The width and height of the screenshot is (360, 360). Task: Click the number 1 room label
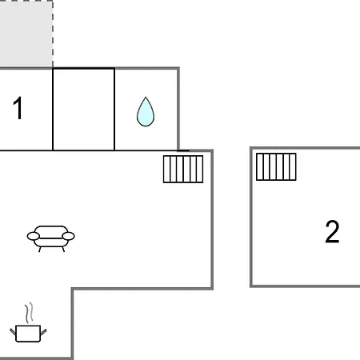click(x=18, y=108)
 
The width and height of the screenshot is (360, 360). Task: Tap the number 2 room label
click(x=332, y=231)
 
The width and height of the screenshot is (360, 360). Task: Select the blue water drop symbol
click(x=146, y=112)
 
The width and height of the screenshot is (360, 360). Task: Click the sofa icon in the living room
click(x=50, y=238)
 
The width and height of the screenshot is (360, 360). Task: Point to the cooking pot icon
click(x=28, y=334)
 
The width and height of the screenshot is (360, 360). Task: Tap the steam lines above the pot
click(x=30, y=313)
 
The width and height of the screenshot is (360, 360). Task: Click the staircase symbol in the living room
click(x=183, y=169)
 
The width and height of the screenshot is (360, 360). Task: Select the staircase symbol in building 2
click(x=276, y=166)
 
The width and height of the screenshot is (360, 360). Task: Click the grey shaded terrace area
click(x=26, y=34)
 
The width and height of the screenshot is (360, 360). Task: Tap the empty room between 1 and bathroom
click(x=84, y=110)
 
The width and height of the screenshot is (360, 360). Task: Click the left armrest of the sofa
click(x=34, y=236)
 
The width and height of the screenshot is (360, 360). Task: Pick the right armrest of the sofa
click(x=68, y=236)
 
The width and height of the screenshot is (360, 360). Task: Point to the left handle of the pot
click(x=13, y=332)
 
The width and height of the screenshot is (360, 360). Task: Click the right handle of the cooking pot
click(x=43, y=332)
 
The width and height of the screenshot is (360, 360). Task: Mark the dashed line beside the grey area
click(x=53, y=34)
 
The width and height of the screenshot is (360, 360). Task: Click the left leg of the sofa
click(x=40, y=250)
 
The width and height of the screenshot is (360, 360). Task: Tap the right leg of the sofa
click(x=63, y=250)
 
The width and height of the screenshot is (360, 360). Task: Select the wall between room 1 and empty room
click(x=53, y=110)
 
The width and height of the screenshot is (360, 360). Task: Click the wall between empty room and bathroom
click(x=114, y=110)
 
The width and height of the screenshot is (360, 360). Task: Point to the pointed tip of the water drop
click(x=146, y=97)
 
